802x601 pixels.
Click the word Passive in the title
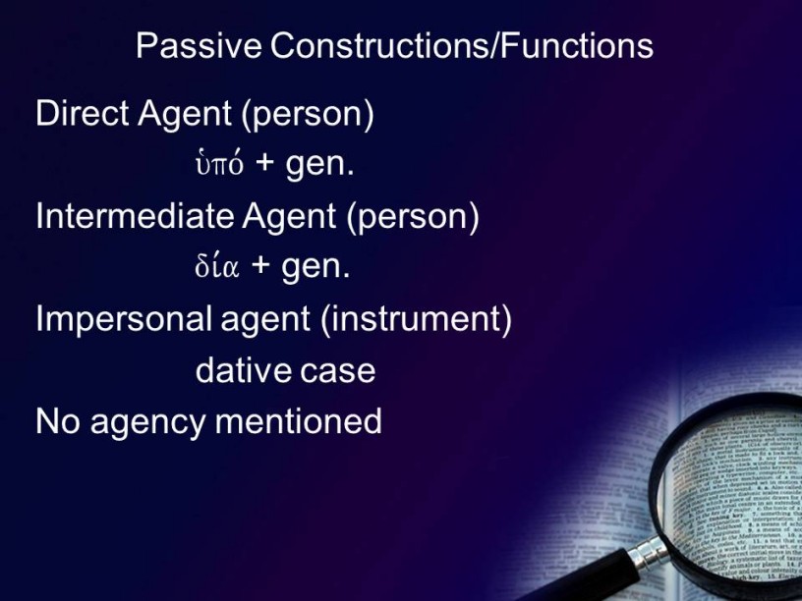point(199,45)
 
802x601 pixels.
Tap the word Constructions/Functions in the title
point(462,45)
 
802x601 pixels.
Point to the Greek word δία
point(217,266)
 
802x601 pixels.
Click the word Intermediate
point(135,216)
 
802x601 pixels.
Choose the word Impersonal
point(124,319)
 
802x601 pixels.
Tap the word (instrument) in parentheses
point(416,320)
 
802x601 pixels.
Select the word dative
point(244,370)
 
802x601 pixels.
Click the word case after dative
point(337,371)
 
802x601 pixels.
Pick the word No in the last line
point(58,421)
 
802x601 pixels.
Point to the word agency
point(148,424)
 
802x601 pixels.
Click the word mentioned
point(298,421)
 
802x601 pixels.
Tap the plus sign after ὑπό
point(265,163)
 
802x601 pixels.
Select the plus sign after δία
point(260,266)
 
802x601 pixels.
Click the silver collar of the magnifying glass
point(648,553)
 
